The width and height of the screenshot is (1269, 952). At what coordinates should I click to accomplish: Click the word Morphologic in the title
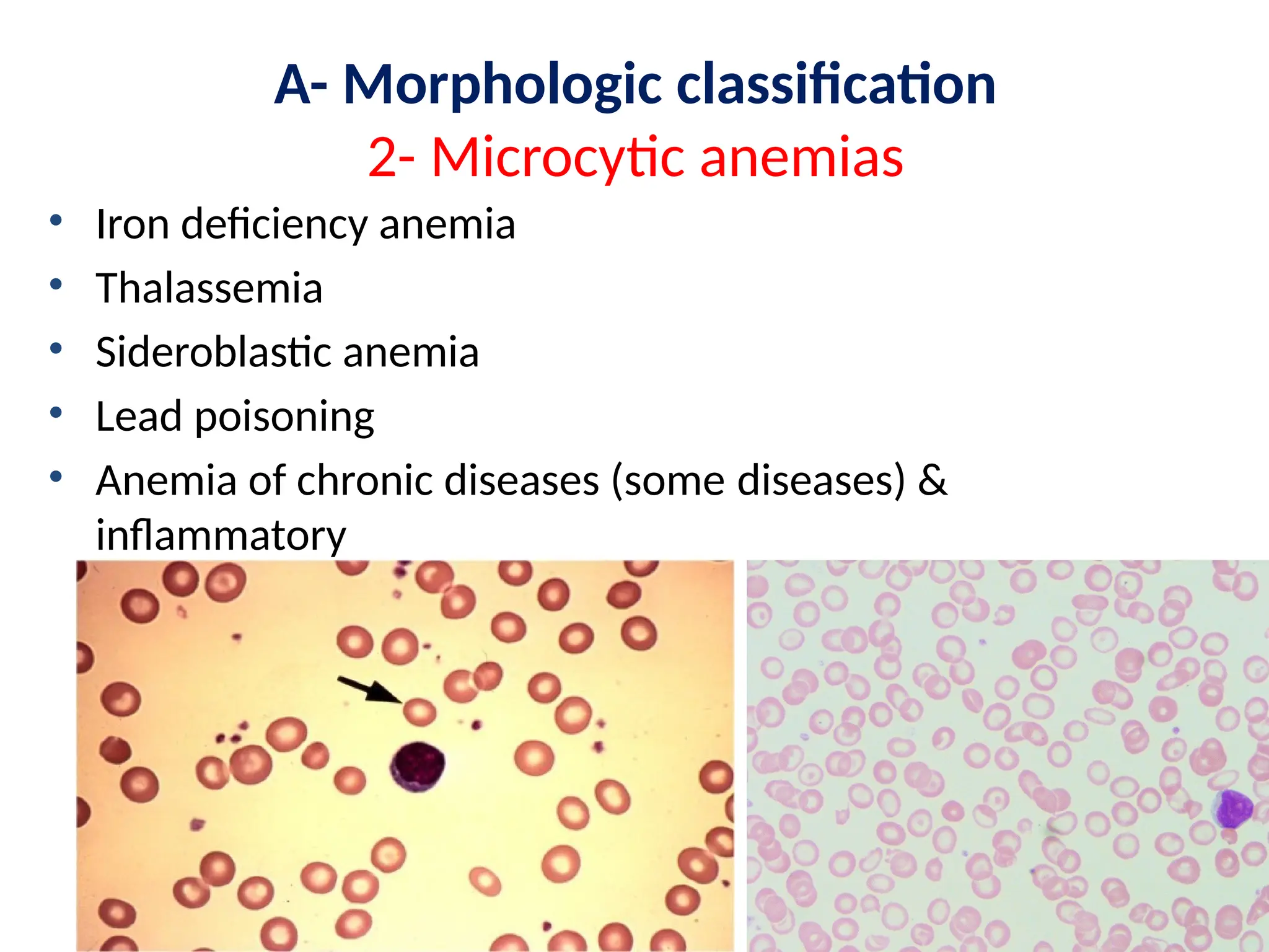[x=503, y=85]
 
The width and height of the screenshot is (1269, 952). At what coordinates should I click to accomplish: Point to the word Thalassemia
[x=209, y=288]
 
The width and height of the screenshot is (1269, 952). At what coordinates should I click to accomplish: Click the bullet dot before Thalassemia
[x=56, y=284]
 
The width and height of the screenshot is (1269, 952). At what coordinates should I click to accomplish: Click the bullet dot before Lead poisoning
[x=56, y=413]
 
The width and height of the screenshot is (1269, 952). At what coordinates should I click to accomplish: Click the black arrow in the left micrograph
[x=369, y=689]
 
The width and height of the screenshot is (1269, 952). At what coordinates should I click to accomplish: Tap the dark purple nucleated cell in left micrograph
[x=418, y=766]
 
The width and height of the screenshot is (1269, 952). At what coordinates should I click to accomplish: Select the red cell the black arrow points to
[x=419, y=712]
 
